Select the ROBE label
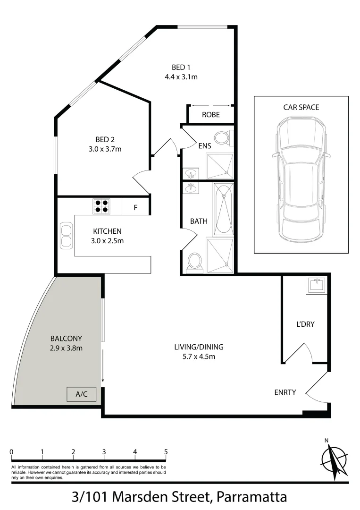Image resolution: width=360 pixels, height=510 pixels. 210,115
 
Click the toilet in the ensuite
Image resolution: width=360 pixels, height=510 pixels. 222,138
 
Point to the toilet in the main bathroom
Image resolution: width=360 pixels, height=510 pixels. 194,262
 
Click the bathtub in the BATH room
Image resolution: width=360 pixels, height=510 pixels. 223,209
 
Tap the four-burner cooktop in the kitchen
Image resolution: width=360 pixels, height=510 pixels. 101,205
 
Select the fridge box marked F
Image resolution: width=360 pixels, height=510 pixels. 135,207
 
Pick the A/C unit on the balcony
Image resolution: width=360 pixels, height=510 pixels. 82,394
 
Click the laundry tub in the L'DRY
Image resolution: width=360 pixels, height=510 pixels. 316,285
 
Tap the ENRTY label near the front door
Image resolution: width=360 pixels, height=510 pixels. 285,392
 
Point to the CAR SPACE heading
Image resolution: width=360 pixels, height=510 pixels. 301,107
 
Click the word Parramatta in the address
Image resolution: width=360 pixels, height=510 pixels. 251,497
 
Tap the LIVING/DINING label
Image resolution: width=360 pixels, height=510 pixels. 199,347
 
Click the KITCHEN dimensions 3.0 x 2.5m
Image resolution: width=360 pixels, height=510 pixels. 108,241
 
